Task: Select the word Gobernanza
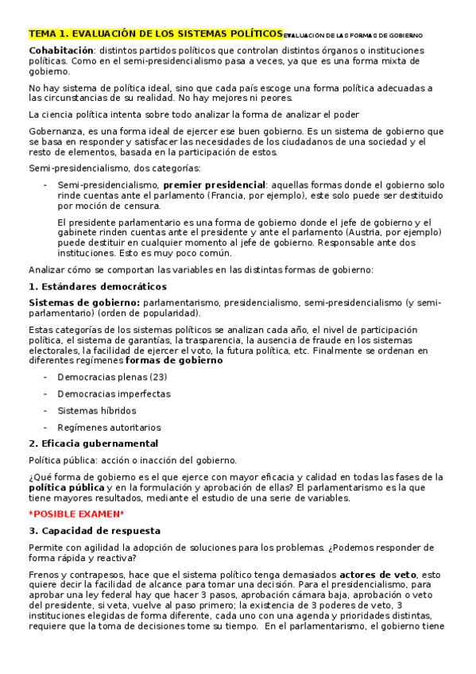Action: click(54, 130)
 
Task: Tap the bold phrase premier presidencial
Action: click(214, 184)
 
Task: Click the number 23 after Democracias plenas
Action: click(158, 377)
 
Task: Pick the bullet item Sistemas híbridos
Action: click(96, 411)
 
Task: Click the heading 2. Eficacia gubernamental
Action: click(93, 444)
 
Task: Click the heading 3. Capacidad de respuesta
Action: click(94, 530)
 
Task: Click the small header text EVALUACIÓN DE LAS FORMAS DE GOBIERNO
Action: click(353, 36)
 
